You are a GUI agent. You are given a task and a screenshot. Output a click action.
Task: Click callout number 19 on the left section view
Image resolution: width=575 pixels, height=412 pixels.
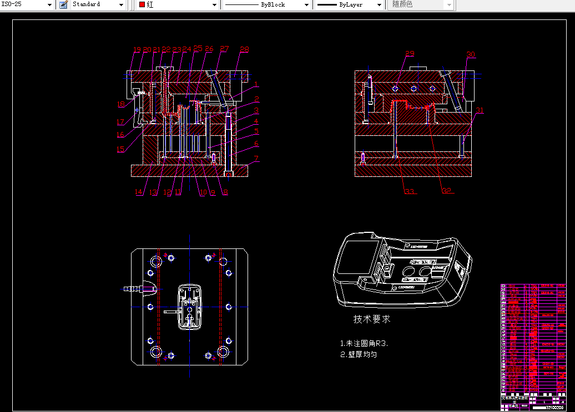137,50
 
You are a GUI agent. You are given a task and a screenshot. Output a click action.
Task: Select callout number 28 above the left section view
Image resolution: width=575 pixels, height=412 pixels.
244,50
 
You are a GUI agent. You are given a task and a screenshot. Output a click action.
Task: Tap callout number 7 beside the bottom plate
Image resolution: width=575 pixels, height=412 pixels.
256,158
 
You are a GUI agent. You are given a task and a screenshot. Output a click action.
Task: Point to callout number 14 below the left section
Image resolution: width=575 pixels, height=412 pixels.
139,192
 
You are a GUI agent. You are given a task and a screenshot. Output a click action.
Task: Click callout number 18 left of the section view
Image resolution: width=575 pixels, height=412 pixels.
121,104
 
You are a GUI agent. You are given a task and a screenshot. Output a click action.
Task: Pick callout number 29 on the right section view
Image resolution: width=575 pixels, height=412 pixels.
410,54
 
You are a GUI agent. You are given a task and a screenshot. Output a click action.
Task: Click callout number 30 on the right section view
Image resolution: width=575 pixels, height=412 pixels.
471,54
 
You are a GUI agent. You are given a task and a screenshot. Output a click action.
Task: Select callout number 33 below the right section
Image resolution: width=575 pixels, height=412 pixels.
410,192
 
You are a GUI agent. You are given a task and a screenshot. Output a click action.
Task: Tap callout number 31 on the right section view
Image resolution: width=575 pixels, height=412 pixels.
480,110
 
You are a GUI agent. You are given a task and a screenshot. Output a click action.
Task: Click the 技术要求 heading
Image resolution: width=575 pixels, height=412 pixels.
372,319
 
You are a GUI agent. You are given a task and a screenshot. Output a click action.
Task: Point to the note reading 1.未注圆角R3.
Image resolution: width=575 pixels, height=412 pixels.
364,343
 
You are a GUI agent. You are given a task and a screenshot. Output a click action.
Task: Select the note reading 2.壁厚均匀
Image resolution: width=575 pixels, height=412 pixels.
359,354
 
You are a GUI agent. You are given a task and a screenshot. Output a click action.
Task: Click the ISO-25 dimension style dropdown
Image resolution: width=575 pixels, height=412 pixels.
27,4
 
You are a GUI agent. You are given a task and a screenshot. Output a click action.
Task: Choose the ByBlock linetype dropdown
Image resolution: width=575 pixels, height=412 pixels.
267,4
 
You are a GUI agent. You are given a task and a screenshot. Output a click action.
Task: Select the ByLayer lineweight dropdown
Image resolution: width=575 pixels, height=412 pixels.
349,4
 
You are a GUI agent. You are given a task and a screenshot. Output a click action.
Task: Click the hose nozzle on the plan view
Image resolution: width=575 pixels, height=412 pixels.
133,288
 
